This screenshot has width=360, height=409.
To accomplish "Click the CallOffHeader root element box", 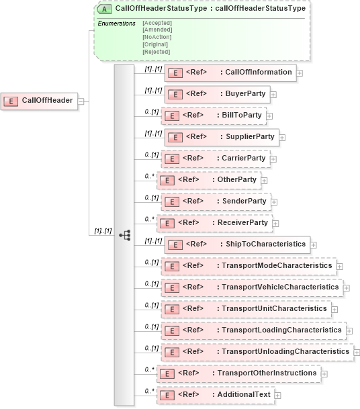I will [x=39, y=101].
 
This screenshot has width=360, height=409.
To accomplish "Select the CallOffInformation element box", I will [x=230, y=73].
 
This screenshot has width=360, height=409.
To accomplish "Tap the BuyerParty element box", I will [x=216, y=94].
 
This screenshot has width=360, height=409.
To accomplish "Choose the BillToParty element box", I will [x=213, y=116].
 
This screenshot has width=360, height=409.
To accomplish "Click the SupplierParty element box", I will [x=221, y=137].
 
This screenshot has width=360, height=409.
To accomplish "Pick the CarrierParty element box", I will [x=215, y=158].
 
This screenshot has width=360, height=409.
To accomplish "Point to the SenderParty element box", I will [x=216, y=201].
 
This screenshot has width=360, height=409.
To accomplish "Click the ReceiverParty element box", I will [x=214, y=222].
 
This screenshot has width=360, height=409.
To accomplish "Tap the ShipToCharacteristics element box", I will [x=236, y=244].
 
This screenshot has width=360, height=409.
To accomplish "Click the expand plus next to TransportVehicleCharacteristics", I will [x=347, y=288].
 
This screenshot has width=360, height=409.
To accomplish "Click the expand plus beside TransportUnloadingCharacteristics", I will [x=357, y=352].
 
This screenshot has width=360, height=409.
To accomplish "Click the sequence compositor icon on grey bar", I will [x=124, y=234].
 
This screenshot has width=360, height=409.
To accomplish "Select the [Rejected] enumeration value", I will [x=156, y=52].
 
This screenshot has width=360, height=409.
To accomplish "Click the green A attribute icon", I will [x=105, y=9].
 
